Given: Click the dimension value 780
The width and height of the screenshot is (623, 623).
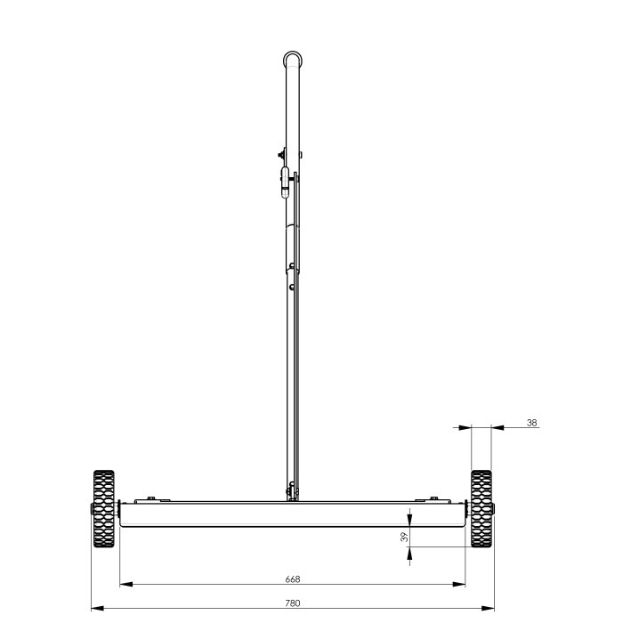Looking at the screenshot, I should tap(292, 603).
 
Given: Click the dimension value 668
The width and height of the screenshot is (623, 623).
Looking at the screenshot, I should tap(292, 578).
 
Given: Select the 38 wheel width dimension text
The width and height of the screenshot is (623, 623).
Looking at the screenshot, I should tap(532, 423).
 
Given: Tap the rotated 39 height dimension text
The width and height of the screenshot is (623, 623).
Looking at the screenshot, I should tap(403, 537).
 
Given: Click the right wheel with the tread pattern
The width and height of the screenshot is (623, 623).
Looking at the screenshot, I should tap(481, 509).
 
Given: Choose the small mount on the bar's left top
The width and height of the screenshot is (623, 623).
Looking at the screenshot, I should tap(151, 498).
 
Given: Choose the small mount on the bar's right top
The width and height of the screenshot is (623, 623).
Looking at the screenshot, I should tap(433, 498).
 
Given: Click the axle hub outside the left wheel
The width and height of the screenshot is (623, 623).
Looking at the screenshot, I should tap(90, 510).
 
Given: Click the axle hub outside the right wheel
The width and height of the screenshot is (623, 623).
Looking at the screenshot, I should tap(494, 510).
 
